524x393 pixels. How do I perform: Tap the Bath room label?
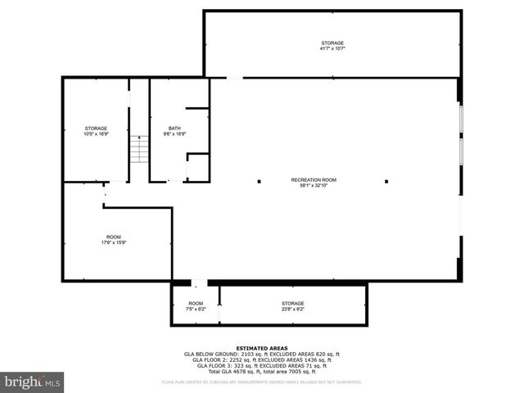pos(174,129)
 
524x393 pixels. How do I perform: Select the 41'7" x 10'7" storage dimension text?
pos(332,49)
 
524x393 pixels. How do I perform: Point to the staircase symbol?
pos(139,150)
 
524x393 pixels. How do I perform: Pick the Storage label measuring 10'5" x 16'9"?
pos(96,129)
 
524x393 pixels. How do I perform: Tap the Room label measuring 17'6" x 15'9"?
pos(113,237)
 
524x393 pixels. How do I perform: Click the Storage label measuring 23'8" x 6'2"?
pos(292,304)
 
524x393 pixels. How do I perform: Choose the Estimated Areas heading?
pos(261,348)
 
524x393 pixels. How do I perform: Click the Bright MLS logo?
pos(33,381)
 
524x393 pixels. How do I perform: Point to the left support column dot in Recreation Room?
pos(259,181)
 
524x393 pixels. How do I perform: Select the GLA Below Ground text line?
pos(261,354)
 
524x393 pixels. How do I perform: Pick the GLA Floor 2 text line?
pos(261,359)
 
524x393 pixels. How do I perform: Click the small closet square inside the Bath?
pos(197,168)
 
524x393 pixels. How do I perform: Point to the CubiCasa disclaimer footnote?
pos(261,382)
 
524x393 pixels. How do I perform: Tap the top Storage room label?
pos(332,43)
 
